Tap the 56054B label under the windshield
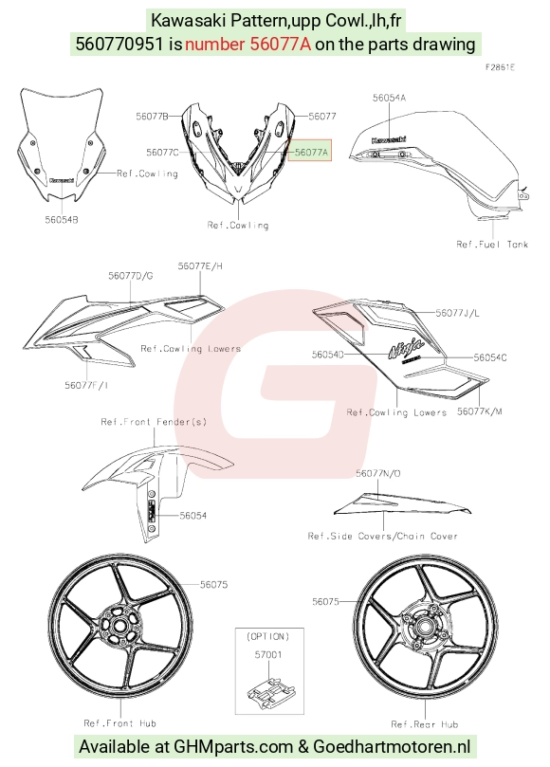(x=62, y=220)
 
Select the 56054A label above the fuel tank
(x=389, y=98)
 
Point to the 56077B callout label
(x=152, y=116)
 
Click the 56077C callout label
(x=162, y=152)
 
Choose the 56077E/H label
(x=200, y=265)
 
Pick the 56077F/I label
(x=86, y=385)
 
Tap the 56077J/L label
(x=457, y=313)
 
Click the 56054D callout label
(x=328, y=355)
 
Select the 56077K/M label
(x=480, y=411)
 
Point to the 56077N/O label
(x=378, y=473)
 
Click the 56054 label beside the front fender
(x=193, y=515)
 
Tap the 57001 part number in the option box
(x=268, y=654)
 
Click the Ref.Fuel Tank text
(x=492, y=244)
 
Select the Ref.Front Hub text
(x=119, y=723)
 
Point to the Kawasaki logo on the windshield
(x=62, y=180)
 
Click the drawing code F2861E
(x=500, y=67)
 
